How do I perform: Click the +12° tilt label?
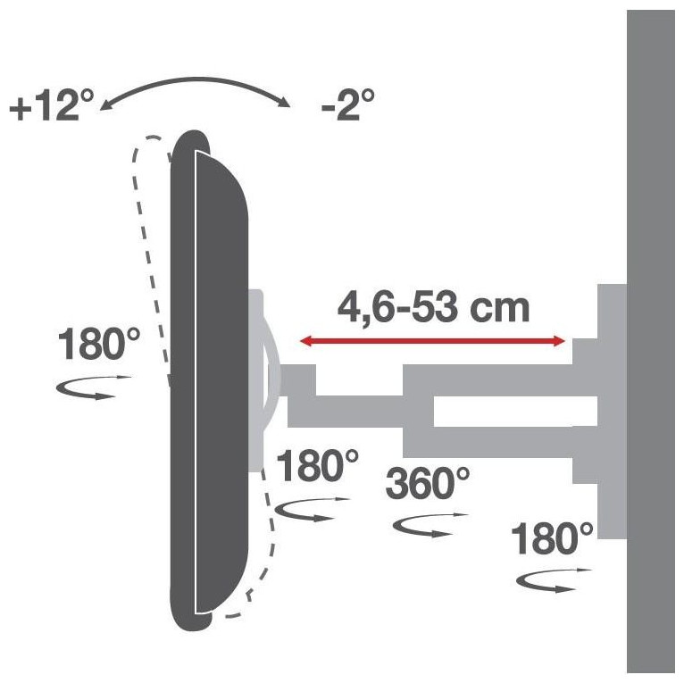(x=52, y=105)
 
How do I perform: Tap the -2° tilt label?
(x=347, y=105)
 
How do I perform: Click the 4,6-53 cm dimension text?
(x=433, y=307)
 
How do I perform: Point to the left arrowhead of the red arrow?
(x=305, y=341)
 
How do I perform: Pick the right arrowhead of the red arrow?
(x=560, y=341)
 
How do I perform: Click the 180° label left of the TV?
(x=98, y=344)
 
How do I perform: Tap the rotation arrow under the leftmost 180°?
(x=94, y=387)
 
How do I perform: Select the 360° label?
(x=428, y=483)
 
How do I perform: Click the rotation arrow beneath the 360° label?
(x=430, y=525)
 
